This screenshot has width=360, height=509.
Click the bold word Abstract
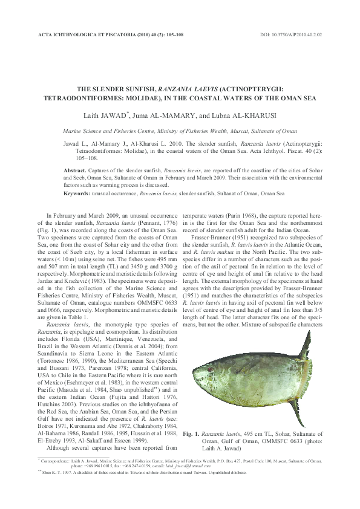pyautogui.click(x=75, y=171)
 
